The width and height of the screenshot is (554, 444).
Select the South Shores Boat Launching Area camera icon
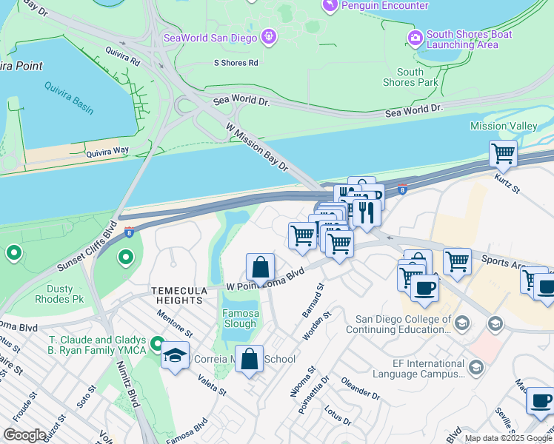[x=415, y=36]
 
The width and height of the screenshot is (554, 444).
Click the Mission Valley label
[x=504, y=127]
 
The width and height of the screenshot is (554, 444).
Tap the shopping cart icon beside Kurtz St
[x=504, y=155]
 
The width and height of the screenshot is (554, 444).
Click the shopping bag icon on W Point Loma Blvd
[x=260, y=267]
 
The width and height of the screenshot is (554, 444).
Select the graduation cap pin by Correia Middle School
[x=176, y=354]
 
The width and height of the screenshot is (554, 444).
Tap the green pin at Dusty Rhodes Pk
[x=126, y=258]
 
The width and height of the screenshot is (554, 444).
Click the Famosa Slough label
[x=241, y=318]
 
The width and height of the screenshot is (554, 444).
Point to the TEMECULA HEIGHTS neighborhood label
[x=177, y=295]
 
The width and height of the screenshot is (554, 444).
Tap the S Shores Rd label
[x=236, y=63]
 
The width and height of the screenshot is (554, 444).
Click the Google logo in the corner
[x=24, y=435]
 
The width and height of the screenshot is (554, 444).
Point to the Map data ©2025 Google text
[x=507, y=438]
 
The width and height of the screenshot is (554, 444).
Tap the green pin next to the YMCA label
[x=156, y=344]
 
